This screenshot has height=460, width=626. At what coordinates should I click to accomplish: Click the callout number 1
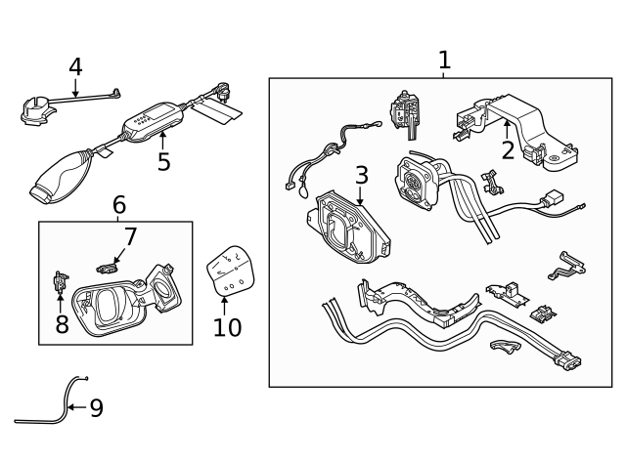pyautogui.click(x=444, y=61)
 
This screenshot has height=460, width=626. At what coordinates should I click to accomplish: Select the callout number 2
pyautogui.click(x=508, y=150)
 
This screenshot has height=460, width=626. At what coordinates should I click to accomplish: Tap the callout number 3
pyautogui.click(x=361, y=175)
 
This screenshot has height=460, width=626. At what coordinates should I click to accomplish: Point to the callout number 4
pyautogui.click(x=75, y=66)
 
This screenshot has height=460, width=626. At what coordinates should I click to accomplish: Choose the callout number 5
pyautogui.click(x=163, y=162)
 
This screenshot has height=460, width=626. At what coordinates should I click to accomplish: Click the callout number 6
pyautogui.click(x=118, y=205)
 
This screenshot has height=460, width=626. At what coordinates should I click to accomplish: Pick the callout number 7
pyautogui.click(x=130, y=236)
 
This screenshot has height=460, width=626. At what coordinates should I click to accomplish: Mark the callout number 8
pyautogui.click(x=62, y=324)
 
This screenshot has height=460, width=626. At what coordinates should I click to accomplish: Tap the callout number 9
pyautogui.click(x=96, y=408)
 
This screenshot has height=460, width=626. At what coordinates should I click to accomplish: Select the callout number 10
pyautogui.click(x=226, y=327)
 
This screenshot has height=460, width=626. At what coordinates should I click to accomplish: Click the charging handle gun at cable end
pyautogui.click(x=61, y=175)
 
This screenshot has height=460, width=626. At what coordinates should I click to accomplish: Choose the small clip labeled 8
pyautogui.click(x=60, y=284)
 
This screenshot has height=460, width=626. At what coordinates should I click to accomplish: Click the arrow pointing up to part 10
pyautogui.click(x=225, y=302)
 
